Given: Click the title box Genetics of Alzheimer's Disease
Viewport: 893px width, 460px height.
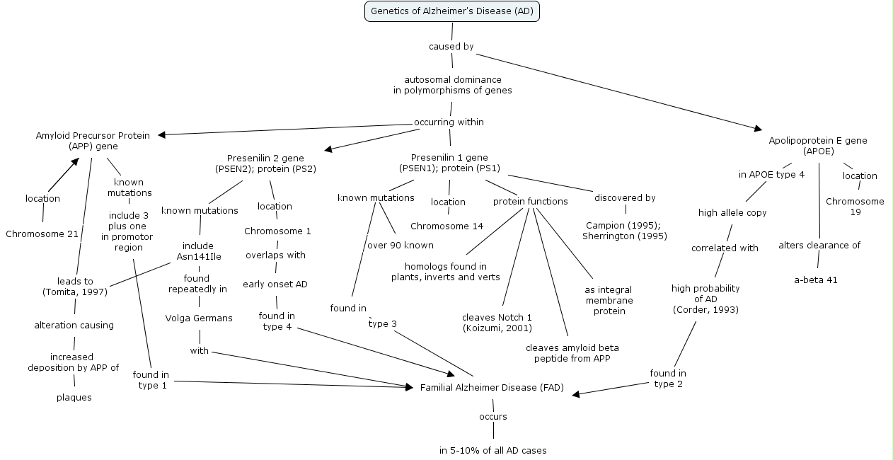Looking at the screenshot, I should (451, 11).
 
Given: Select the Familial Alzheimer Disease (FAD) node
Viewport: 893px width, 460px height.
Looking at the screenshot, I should (492, 388).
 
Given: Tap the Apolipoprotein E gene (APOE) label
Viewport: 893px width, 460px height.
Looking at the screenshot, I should (818, 146).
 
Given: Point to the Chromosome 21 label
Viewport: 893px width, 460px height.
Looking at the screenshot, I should (42, 234).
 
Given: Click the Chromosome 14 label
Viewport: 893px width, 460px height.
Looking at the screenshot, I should (447, 226).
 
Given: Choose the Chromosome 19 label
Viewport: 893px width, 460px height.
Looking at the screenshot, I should (855, 207).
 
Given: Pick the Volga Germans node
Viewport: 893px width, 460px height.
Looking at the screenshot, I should (199, 318).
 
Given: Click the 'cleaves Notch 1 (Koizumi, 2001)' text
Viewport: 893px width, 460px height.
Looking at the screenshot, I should (497, 323).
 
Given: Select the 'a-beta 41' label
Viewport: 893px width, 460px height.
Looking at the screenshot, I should (815, 280).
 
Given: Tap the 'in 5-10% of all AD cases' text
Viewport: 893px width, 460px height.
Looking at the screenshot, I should (492, 450).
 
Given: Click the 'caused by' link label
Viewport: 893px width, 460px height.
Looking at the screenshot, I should (451, 47).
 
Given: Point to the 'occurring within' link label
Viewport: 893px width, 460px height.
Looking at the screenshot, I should (449, 122).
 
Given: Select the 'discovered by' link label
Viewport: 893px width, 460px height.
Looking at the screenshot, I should (625, 198).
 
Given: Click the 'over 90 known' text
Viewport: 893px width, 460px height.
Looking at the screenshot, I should (400, 246).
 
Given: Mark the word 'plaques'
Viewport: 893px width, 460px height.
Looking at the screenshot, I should (74, 398).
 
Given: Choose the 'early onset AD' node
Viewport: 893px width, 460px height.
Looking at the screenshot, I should (275, 284).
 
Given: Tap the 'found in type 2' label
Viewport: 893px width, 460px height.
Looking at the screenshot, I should (668, 379).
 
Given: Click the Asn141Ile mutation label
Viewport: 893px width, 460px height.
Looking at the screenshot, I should (199, 256).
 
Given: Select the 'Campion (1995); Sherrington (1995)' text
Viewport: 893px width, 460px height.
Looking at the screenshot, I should (625, 231).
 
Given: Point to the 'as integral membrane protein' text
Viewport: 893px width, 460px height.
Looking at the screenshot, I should (609, 301).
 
